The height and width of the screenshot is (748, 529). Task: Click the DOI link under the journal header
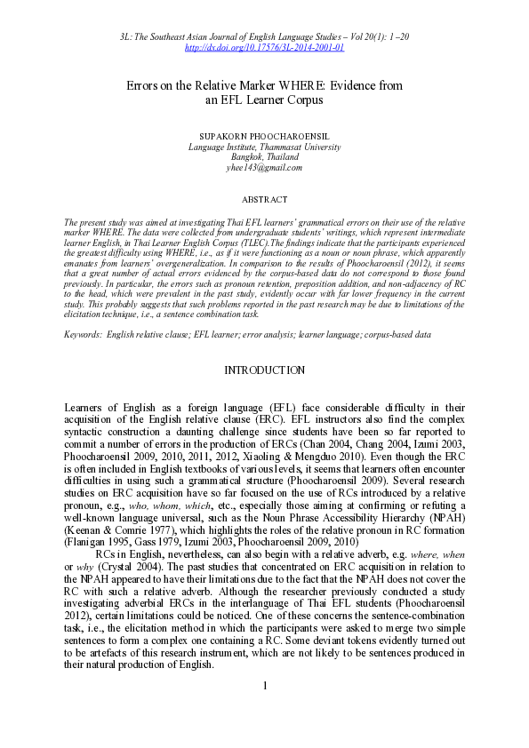pos(264,47)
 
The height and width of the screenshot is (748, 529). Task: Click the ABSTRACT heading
pos(264,199)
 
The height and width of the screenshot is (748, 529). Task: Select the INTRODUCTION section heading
pos(264,370)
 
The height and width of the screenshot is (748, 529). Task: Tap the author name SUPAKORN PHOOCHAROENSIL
pos(264,136)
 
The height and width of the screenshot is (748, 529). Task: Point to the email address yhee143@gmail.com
pos(264,167)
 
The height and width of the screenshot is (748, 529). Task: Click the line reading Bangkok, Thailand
pos(264,156)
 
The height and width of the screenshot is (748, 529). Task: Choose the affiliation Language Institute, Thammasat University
pos(264,147)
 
